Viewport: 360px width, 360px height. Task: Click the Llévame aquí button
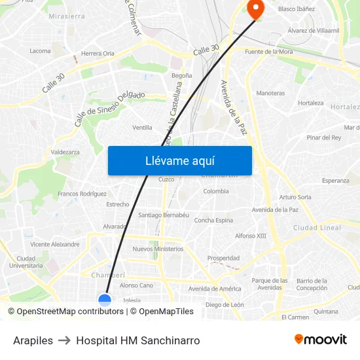(179, 160)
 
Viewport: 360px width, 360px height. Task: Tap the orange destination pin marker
(253, 9)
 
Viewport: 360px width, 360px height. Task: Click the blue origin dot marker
(105, 300)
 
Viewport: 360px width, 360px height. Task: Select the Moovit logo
(320, 340)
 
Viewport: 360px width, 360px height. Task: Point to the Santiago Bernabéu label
(164, 215)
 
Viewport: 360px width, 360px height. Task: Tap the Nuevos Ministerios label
(158, 249)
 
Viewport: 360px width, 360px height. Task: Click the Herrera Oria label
(98, 53)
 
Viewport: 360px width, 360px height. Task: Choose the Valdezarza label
(65, 152)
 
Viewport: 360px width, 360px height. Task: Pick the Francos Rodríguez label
(82, 194)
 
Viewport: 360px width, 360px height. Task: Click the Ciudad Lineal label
(317, 228)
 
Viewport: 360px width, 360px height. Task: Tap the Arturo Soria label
(295, 196)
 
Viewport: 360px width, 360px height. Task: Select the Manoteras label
(270, 93)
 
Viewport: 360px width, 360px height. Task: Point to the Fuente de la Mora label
(268, 51)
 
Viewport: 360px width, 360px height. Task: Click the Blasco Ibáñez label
(297, 9)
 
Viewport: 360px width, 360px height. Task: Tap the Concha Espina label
(213, 220)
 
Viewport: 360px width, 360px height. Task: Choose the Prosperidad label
(223, 258)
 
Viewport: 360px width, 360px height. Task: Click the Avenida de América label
(215, 289)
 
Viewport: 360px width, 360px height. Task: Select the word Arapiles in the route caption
(33, 340)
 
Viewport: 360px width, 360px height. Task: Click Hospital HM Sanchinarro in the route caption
(137, 340)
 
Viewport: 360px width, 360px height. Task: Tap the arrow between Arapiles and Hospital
(64, 340)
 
